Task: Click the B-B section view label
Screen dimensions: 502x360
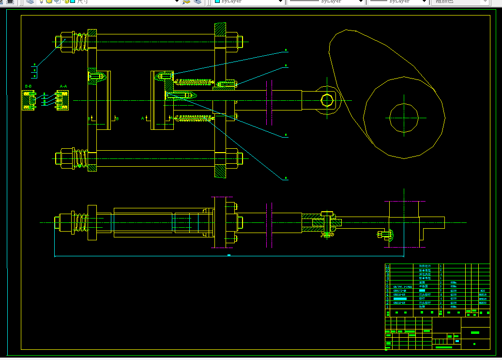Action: pyautogui.click(x=28, y=86)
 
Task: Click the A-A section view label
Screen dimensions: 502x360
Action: pyautogui.click(x=63, y=86)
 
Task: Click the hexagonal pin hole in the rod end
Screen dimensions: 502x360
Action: pyautogui.click(x=327, y=100)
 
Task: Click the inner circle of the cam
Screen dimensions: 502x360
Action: pyautogui.click(x=404, y=117)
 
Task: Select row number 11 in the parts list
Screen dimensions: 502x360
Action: pyautogui.click(x=387, y=266)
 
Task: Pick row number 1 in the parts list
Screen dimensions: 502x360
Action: pyautogui.click(x=387, y=307)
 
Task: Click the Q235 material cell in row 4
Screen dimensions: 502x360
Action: pyautogui.click(x=454, y=295)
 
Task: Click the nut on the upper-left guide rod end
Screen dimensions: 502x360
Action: pyautogui.click(x=62, y=41)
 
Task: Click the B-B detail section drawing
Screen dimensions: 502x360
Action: pyautogui.click(x=29, y=100)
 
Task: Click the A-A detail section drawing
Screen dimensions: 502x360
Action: pyautogui.click(x=63, y=100)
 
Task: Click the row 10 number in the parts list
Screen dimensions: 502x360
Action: pyautogui.click(x=387, y=270)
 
